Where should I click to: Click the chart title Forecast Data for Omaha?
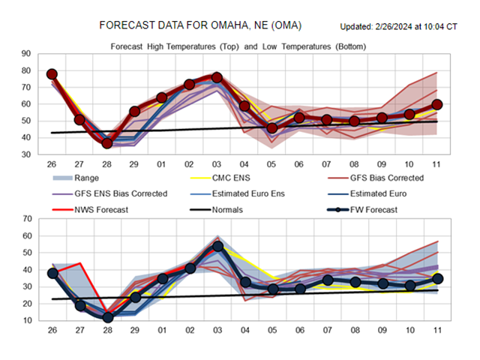tap(200, 25)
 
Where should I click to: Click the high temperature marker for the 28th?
tap(107, 143)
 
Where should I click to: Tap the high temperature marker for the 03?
tap(217, 77)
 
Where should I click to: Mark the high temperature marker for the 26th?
tap(52, 74)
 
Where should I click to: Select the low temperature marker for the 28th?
tap(107, 317)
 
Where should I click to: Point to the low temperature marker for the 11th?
tap(437, 278)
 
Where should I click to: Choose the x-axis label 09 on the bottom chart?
tap(382, 331)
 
